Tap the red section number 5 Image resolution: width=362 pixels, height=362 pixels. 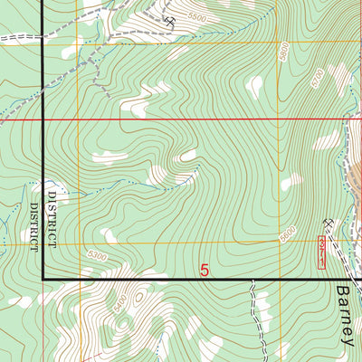(x=205, y=270)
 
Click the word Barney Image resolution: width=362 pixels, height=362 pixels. (x=348, y=313)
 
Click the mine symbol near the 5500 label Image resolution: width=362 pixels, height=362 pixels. (x=170, y=20)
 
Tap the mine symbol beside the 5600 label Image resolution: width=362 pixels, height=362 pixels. (x=328, y=223)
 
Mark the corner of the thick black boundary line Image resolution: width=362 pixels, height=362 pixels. (x=43, y=280)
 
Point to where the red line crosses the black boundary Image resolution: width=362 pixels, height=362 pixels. (x=43, y=119)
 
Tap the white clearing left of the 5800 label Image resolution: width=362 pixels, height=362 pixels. (x=256, y=87)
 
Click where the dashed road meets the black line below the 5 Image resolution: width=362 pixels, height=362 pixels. (x=252, y=281)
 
